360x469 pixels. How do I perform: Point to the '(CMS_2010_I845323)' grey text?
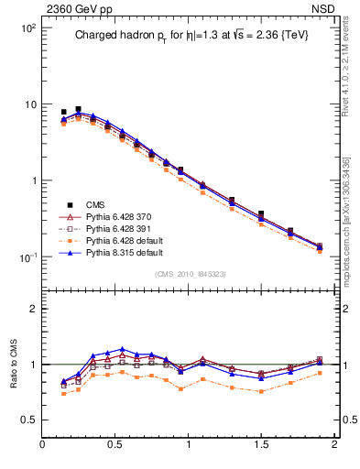(189, 274)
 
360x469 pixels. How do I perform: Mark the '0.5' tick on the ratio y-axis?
(28, 420)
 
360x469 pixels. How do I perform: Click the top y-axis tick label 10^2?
(27, 27)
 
